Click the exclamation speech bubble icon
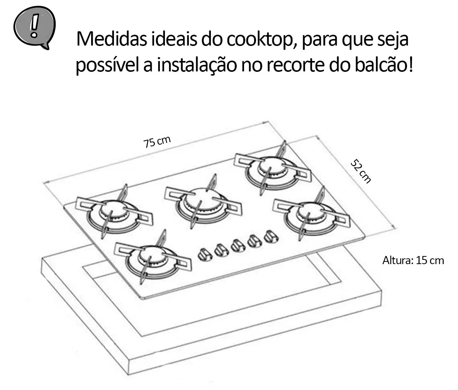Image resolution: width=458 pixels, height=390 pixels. (x=34, y=27)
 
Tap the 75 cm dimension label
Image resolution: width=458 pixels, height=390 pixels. (x=157, y=142)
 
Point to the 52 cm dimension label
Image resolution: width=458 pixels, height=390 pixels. (x=361, y=171)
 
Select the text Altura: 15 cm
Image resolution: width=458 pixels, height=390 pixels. (x=413, y=260)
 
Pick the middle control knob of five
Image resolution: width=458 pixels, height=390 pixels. (x=238, y=245)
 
